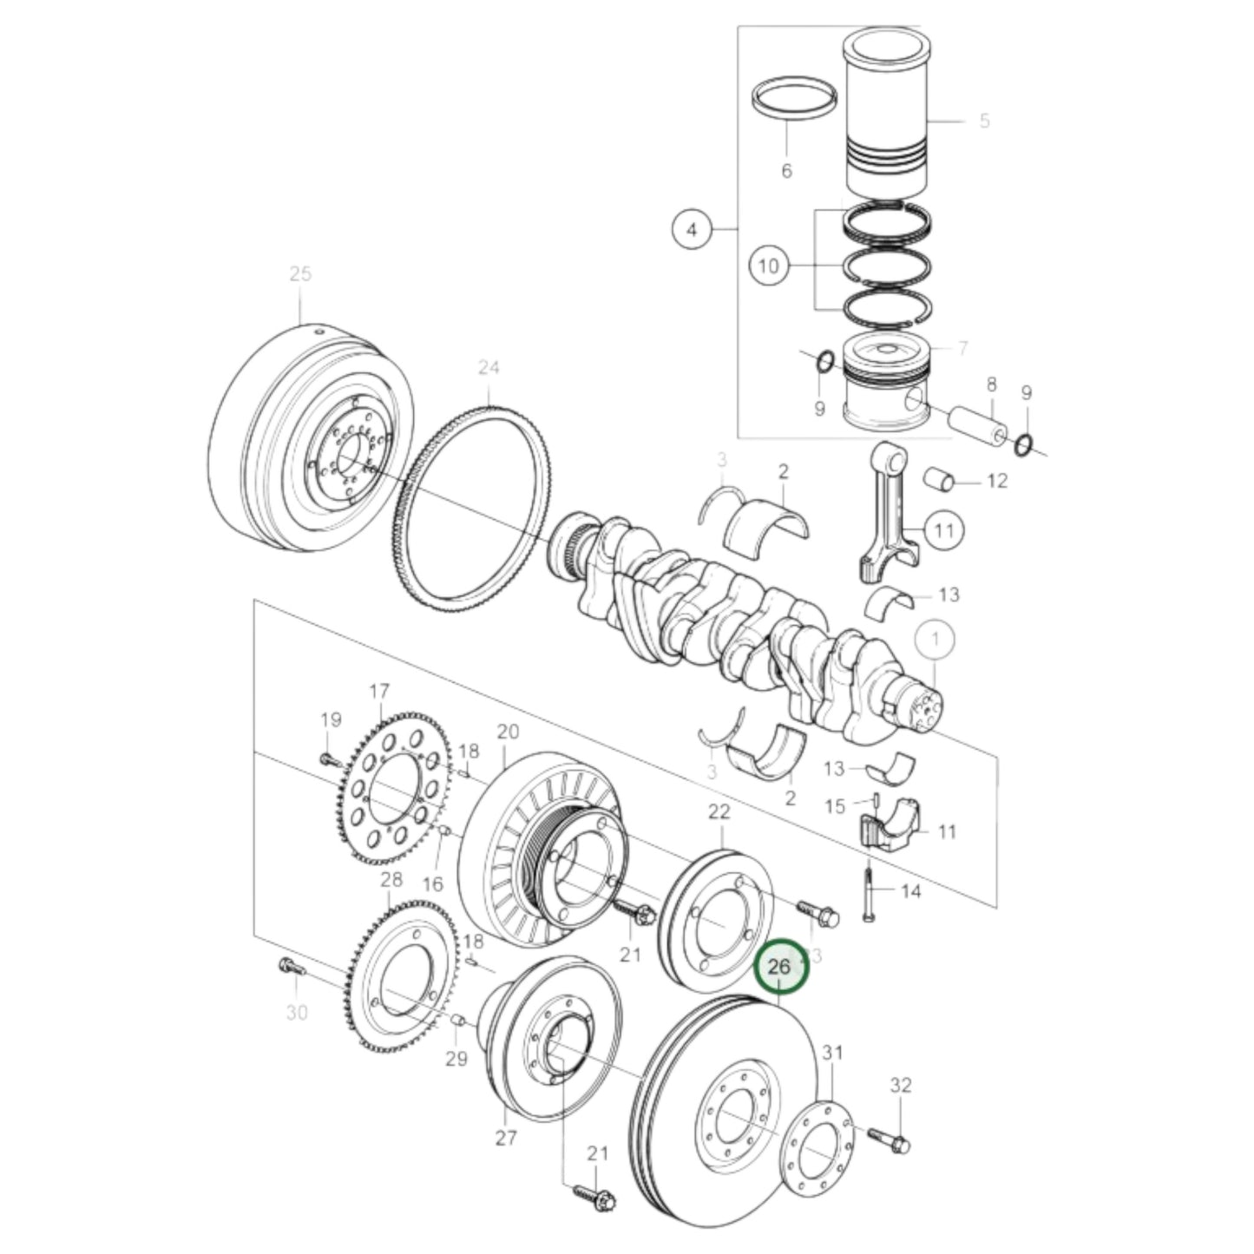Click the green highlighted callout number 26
pyautogui.click(x=780, y=967)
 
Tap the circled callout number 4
pyautogui.click(x=692, y=230)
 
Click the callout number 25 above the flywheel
pyautogui.click(x=299, y=274)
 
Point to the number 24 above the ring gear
pyautogui.click(x=489, y=368)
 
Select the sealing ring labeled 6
pyautogui.click(x=794, y=97)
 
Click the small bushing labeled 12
pyautogui.click(x=940, y=478)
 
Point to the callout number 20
pyautogui.click(x=508, y=732)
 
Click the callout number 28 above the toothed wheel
pyautogui.click(x=391, y=880)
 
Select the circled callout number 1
pyautogui.click(x=935, y=641)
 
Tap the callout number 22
pyautogui.click(x=719, y=812)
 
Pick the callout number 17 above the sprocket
pyautogui.click(x=379, y=692)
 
